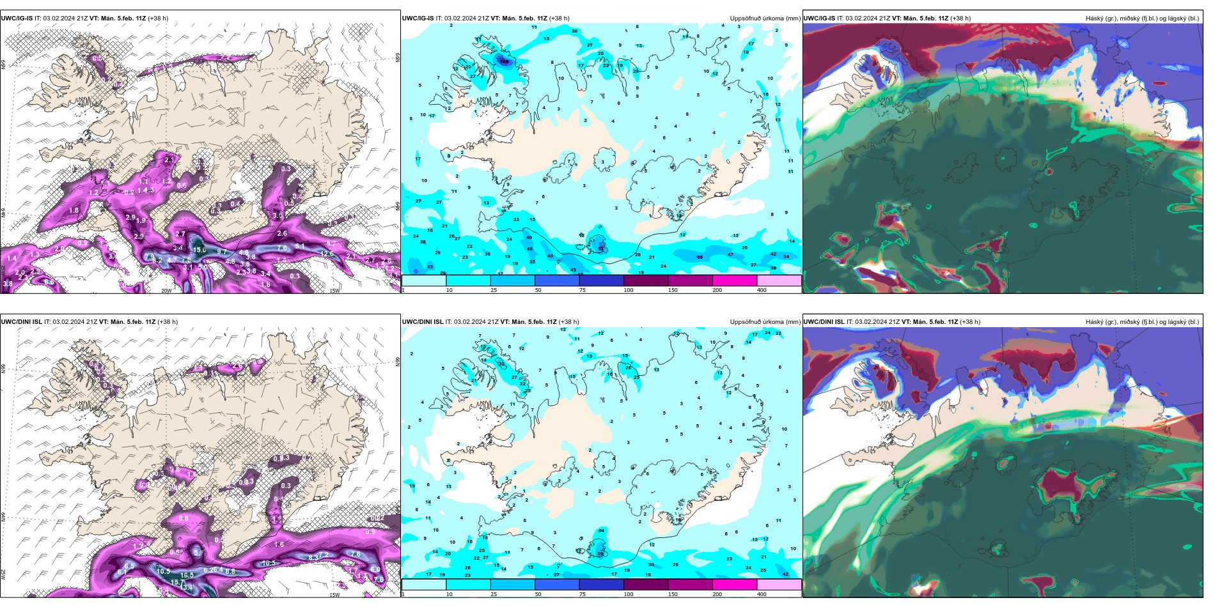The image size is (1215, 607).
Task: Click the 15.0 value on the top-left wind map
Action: click(x=200, y=250)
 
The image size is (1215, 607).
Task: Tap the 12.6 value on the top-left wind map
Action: click(x=327, y=254)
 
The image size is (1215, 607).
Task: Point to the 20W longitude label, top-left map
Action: click(x=166, y=291)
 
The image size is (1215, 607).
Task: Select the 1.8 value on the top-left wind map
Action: click(x=74, y=210)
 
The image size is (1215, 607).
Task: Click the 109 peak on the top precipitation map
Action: click(x=505, y=62)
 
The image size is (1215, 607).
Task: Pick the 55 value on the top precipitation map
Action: click(x=700, y=257)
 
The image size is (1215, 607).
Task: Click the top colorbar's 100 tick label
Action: click(x=629, y=290)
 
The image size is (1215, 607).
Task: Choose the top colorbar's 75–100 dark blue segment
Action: click(x=601, y=280)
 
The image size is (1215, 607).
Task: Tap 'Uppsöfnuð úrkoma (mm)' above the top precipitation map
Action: click(x=765, y=19)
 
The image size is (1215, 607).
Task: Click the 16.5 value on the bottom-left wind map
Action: click(x=187, y=576)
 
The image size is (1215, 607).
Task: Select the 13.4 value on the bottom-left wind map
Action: click(x=187, y=587)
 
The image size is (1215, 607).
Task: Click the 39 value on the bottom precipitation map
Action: click(x=600, y=554)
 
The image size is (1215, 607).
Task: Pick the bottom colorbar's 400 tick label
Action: click(x=762, y=594)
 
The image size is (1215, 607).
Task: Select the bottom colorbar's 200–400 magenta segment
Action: click(x=735, y=585)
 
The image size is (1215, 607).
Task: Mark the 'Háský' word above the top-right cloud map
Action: click(x=1094, y=19)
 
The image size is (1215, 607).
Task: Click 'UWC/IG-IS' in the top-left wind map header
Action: click(x=17, y=19)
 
